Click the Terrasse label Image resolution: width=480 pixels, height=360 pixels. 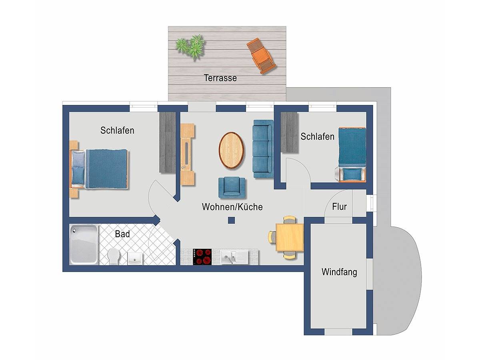(220, 78)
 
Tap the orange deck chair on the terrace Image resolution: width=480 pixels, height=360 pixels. (261, 56)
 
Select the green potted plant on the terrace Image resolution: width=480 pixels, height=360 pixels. (191, 46)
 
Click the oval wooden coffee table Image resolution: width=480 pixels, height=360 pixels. (231, 150)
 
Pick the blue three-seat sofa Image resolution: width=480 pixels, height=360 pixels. (262, 148)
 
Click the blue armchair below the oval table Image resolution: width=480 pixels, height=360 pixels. (232, 187)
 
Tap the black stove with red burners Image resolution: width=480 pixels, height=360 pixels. (202, 256)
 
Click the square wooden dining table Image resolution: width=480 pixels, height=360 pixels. (289, 237)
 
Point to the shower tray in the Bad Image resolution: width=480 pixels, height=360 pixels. (84, 244)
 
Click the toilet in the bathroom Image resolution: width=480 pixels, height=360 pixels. (113, 256)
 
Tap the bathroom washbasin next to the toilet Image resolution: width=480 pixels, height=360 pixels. (134, 258)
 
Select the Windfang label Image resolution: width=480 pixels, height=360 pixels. (339, 272)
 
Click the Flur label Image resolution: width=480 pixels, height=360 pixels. (339, 207)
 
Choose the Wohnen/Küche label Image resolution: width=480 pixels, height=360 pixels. (232, 207)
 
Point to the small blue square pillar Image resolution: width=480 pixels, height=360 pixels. (231, 220)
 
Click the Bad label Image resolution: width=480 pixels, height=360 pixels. (122, 234)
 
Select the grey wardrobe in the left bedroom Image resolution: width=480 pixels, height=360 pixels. (168, 142)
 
